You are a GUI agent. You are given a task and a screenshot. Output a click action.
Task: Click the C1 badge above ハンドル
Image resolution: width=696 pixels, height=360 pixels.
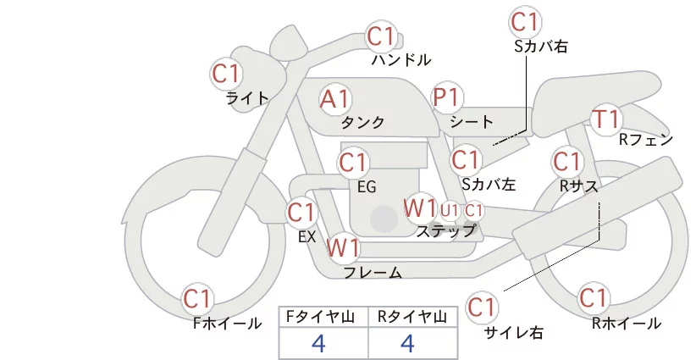pyautogui.click(x=381, y=37)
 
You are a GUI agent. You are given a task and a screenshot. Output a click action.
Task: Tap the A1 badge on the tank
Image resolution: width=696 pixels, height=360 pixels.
pyautogui.click(x=334, y=99)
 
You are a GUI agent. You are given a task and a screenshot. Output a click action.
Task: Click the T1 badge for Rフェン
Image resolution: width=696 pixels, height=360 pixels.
pyautogui.click(x=607, y=119)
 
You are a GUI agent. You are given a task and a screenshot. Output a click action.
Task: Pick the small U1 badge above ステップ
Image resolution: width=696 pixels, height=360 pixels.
pyautogui.click(x=450, y=209)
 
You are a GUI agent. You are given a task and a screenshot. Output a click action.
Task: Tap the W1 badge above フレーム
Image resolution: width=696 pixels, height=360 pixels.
pyautogui.click(x=344, y=248)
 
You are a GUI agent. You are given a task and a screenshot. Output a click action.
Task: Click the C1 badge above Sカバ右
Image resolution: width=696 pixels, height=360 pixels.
pyautogui.click(x=525, y=21)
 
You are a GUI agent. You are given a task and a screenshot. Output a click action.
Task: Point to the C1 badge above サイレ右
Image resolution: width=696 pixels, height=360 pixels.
pyautogui.click(x=483, y=307)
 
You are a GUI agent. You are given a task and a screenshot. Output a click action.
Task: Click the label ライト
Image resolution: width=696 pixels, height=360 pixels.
pyautogui.click(x=247, y=97)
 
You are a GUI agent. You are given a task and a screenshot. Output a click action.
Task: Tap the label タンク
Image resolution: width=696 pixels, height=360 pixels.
pyautogui.click(x=362, y=123)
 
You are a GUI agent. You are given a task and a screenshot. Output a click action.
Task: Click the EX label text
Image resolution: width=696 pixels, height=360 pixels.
pyautogui.click(x=307, y=237)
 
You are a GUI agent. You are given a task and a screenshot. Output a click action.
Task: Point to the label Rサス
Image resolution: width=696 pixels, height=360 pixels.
pyautogui.click(x=579, y=185)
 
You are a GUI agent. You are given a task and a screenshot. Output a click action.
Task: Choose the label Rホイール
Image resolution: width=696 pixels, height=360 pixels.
pyautogui.click(x=627, y=323)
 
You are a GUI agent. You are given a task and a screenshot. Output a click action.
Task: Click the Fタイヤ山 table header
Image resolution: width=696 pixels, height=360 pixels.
pyautogui.click(x=324, y=316)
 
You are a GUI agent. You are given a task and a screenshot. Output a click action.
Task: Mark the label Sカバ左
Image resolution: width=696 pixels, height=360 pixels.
pyautogui.click(x=489, y=183)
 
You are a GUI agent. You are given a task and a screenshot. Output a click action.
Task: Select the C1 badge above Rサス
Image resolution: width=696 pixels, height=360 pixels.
pyautogui.click(x=566, y=161)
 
